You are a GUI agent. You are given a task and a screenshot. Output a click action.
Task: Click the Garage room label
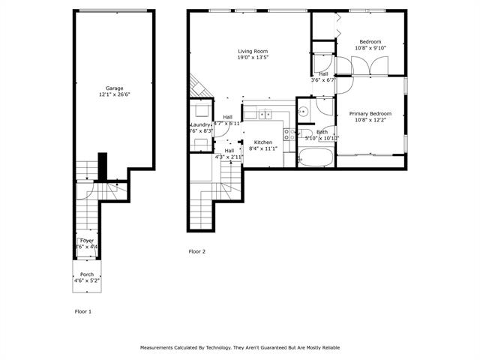tap(114, 88)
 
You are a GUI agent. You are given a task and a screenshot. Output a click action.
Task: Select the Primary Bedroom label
tap(370, 114)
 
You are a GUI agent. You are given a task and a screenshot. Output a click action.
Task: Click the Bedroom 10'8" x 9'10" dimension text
tap(370, 48)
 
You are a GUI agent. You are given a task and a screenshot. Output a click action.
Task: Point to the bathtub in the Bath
tap(315, 157)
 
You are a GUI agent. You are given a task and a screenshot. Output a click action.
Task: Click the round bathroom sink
tap(303, 112)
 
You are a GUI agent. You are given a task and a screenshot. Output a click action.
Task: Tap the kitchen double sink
tap(264, 114)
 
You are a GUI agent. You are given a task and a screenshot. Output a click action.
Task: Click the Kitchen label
tap(262, 142)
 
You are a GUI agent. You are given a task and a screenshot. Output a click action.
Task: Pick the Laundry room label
tap(200, 124)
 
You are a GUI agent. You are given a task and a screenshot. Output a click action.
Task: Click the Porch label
tap(87, 274)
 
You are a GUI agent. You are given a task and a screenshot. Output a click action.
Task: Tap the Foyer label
tap(87, 241)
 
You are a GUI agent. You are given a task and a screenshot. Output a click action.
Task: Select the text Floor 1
tap(82, 310)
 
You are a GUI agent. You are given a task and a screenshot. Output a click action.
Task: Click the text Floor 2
tap(196, 252)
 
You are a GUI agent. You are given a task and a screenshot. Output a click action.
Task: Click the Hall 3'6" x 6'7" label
tap(323, 73)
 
